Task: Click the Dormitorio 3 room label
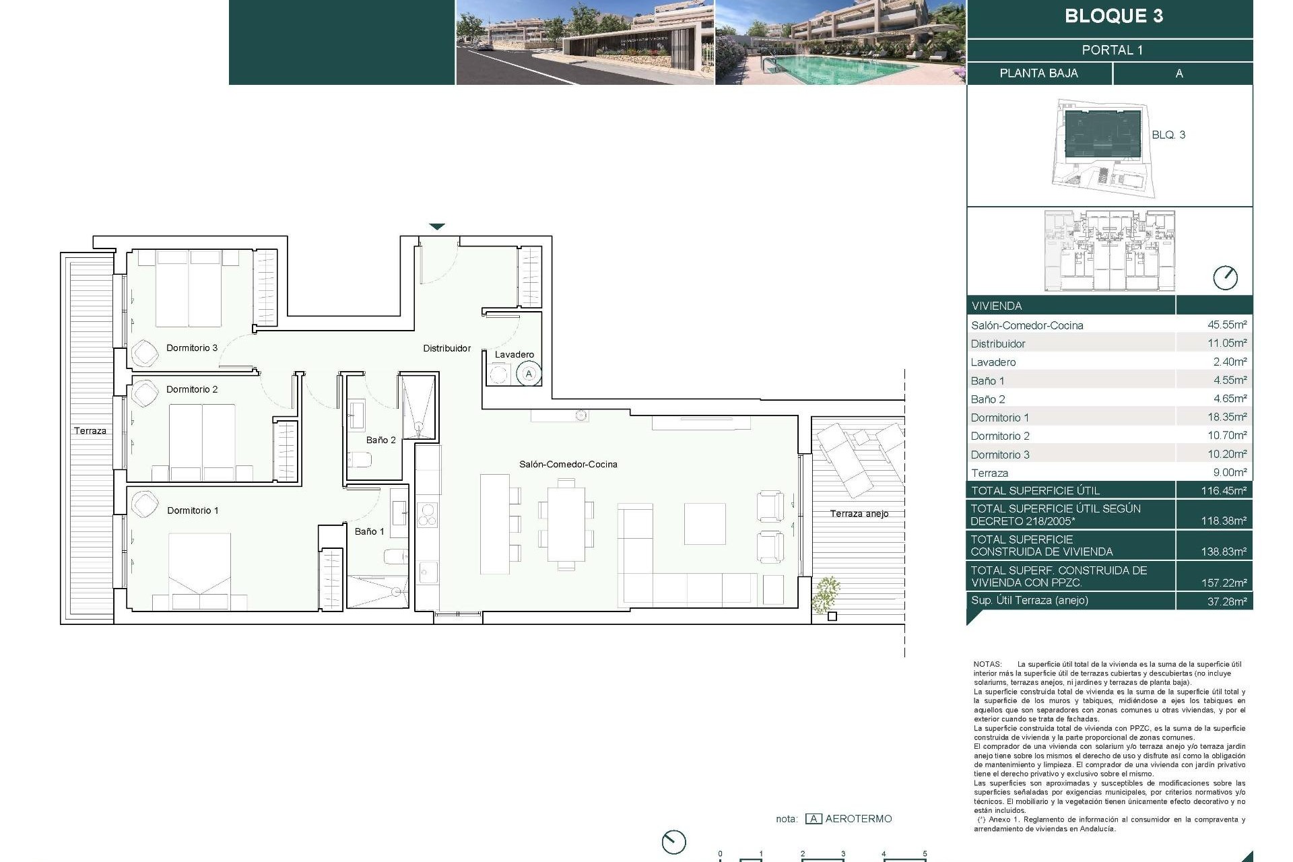click(x=191, y=348)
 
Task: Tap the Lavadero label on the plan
click(x=514, y=354)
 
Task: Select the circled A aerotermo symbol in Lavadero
click(x=529, y=374)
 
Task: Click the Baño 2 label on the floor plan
click(x=380, y=440)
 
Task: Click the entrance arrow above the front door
click(x=437, y=227)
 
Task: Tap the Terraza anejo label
click(x=859, y=514)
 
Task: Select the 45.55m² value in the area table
click(x=1226, y=325)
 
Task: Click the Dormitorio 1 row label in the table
click(x=999, y=418)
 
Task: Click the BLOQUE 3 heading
click(x=1113, y=16)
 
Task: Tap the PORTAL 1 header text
click(x=1112, y=50)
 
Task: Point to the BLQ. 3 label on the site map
click(x=1168, y=135)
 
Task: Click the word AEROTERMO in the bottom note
click(x=858, y=819)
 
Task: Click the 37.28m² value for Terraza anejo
click(x=1226, y=601)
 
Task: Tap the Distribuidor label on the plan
click(x=446, y=348)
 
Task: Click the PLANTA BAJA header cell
click(x=1038, y=73)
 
